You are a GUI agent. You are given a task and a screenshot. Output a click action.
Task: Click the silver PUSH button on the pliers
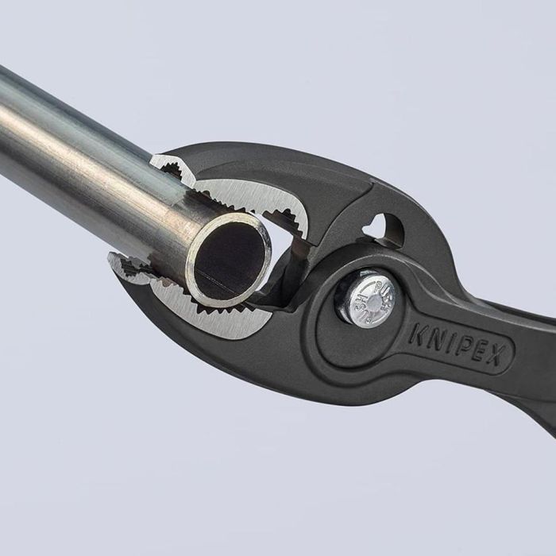(366, 299)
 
